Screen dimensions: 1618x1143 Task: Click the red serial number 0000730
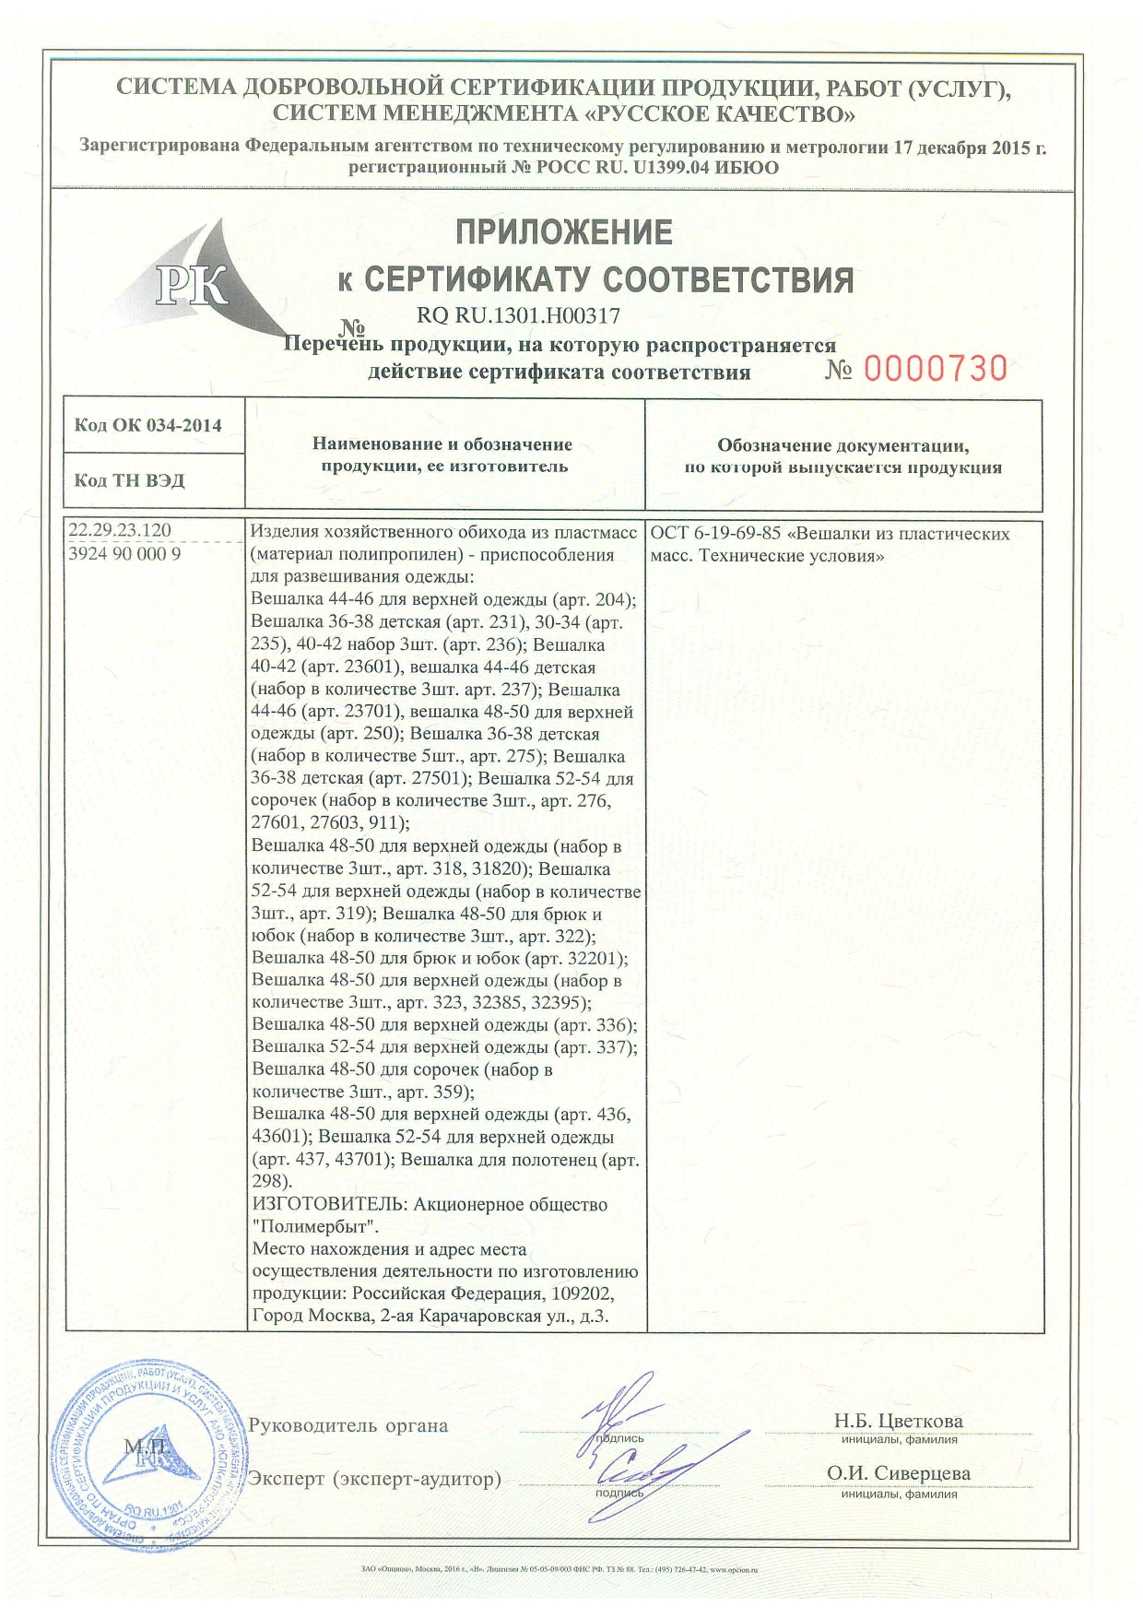tap(935, 370)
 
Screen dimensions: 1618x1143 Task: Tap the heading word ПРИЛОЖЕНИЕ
tap(564, 232)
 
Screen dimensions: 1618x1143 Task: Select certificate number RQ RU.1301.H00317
tap(519, 315)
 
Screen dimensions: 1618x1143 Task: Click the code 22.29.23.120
tap(120, 530)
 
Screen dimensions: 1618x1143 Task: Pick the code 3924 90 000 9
tap(125, 553)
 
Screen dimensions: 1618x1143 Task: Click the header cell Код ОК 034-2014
tap(148, 425)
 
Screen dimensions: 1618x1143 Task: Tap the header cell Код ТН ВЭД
tap(129, 480)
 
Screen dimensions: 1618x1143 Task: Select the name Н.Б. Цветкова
tap(898, 1421)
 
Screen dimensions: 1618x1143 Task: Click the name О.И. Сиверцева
tap(898, 1473)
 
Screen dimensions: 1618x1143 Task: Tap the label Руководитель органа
tap(348, 1425)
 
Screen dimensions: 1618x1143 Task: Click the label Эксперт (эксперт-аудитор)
tap(375, 1479)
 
